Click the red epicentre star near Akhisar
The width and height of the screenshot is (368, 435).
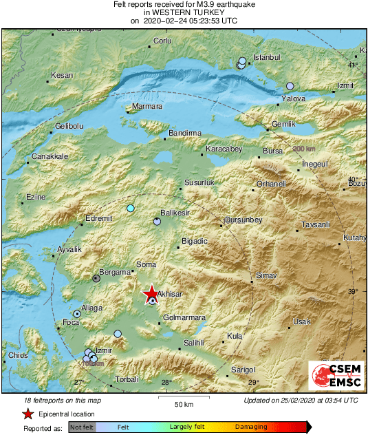coord(151,295)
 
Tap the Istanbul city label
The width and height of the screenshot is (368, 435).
coord(267,57)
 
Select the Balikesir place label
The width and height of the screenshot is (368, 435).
coord(174,213)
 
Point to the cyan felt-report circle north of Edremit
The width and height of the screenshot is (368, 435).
coord(131,208)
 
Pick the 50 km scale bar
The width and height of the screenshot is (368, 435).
coord(182,398)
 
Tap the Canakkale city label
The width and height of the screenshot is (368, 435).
coord(50,157)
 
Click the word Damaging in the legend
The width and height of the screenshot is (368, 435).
coord(251,427)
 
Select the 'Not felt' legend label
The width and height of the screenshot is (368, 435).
coord(81,427)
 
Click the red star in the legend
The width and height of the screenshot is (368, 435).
coord(28,414)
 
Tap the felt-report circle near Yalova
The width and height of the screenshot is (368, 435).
coord(290,86)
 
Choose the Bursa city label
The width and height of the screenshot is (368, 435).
coord(272,151)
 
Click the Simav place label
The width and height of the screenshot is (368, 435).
coord(266,275)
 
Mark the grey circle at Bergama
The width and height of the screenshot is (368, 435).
coord(96,279)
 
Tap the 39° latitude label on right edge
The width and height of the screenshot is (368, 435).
coord(353,292)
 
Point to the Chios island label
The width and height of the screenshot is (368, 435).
coord(18,355)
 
